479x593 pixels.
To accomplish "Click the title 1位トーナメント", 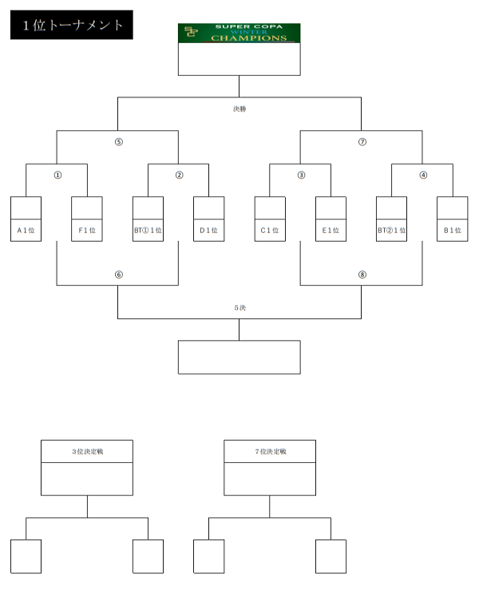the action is point(73,25).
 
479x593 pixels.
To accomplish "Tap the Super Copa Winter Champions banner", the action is point(239,33).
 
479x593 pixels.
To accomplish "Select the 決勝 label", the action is point(239,109).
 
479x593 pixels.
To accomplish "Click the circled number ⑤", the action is point(119,142).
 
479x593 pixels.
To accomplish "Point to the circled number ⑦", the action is point(362,142).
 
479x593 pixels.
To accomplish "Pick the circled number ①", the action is point(57,175).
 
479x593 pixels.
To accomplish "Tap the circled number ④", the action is point(423,175).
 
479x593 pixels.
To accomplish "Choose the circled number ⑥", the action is point(119,275).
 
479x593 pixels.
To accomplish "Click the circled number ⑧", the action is point(362,275).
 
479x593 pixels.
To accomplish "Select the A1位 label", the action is point(26,231).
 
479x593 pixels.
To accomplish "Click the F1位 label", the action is point(87,231).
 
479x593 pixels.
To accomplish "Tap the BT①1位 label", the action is point(148,231).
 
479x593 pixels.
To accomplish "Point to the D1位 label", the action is point(209,231).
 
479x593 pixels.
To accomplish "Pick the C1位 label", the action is point(270,231).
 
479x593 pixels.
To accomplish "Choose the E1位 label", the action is point(331,231).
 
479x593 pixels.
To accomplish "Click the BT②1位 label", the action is point(392,231).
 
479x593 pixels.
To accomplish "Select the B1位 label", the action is point(453,231).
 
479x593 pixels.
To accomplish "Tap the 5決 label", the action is point(239,308).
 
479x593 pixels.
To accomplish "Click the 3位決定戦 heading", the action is point(87,452).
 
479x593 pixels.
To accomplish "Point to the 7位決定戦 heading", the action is point(271,452).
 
